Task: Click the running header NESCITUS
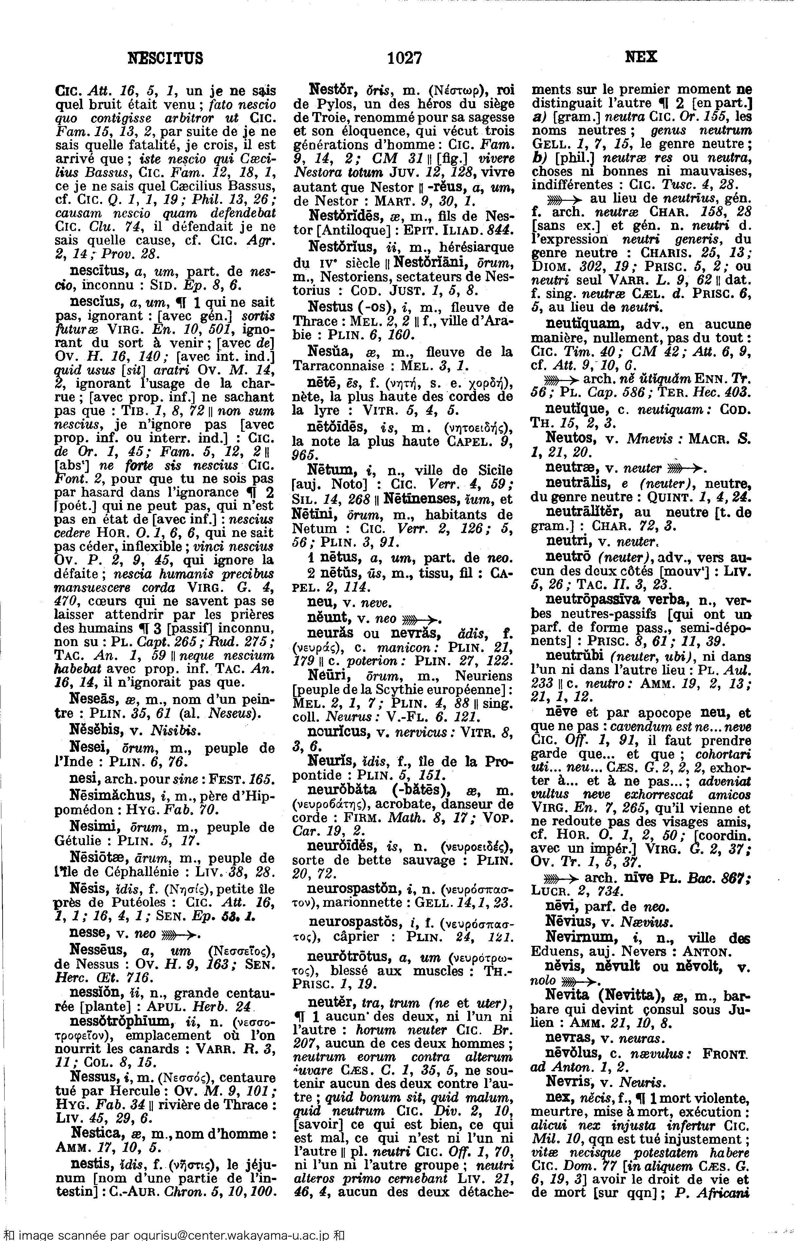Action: coord(165,57)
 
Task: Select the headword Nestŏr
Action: coord(330,90)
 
